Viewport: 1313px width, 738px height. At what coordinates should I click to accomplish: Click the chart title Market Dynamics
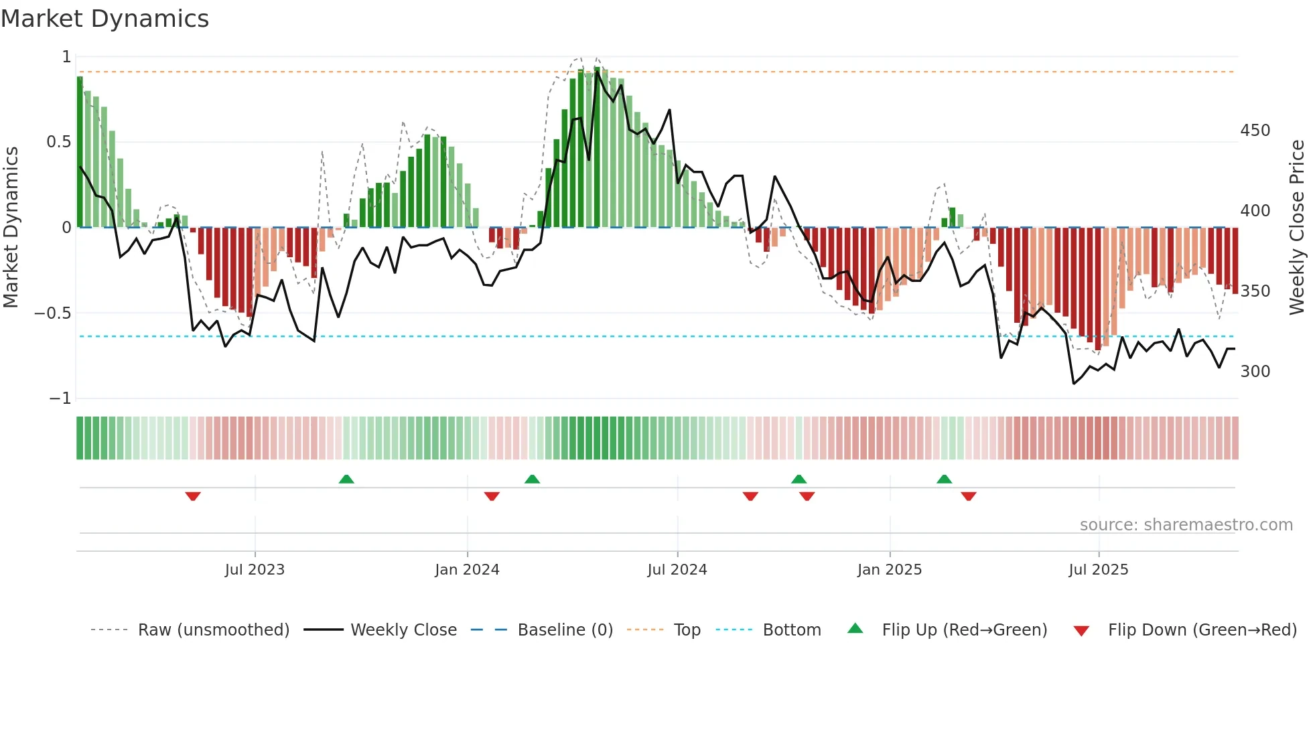pyautogui.click(x=105, y=19)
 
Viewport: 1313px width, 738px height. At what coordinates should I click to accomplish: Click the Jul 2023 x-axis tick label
pyautogui.click(x=255, y=570)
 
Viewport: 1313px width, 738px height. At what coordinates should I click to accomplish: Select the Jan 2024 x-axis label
pyautogui.click(x=467, y=570)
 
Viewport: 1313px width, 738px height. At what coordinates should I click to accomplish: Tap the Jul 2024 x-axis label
pyautogui.click(x=677, y=570)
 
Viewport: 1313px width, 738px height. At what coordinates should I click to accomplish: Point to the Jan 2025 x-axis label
pyautogui.click(x=890, y=570)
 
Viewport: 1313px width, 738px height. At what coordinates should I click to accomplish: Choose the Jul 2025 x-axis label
pyautogui.click(x=1099, y=570)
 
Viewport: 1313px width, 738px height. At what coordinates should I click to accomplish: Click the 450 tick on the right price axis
pyautogui.click(x=1255, y=131)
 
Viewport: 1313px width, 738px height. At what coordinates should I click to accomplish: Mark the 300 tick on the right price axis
pyautogui.click(x=1255, y=372)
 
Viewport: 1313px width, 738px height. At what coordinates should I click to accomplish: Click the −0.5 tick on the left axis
pyautogui.click(x=52, y=313)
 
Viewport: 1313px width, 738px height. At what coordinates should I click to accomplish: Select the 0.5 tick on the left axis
pyautogui.click(x=58, y=142)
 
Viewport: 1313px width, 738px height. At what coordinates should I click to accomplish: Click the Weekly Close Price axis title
pyautogui.click(x=1297, y=228)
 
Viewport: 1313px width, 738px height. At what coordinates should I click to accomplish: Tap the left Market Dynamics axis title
pyautogui.click(x=11, y=228)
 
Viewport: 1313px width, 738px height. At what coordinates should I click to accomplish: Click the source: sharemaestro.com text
pyautogui.click(x=1186, y=525)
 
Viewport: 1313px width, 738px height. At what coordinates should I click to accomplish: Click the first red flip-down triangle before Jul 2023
pyautogui.click(x=193, y=496)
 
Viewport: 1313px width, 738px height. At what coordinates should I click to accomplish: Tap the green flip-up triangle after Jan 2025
pyautogui.click(x=944, y=479)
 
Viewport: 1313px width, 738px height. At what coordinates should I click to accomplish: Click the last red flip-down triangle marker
pyautogui.click(x=969, y=496)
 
